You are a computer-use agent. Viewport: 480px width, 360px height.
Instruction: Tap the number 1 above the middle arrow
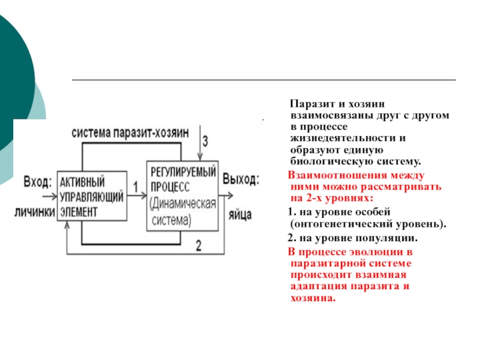[x=136, y=187]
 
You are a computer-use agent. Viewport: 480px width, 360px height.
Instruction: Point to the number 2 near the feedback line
[x=199, y=245]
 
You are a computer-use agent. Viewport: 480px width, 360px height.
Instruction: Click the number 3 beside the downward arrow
[x=205, y=141]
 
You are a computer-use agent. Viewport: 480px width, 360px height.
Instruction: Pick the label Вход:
[x=38, y=182]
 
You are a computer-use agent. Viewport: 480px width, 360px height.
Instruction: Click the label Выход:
[x=241, y=179]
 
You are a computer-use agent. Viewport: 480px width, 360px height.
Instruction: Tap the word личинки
[x=35, y=212]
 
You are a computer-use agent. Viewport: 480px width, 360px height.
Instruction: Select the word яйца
[x=241, y=215]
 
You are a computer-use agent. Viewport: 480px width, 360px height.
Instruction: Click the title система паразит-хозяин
[x=130, y=133]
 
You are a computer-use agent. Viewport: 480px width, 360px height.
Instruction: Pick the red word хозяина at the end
[x=313, y=298]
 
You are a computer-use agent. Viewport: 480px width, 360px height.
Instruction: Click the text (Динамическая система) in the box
[x=183, y=212]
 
